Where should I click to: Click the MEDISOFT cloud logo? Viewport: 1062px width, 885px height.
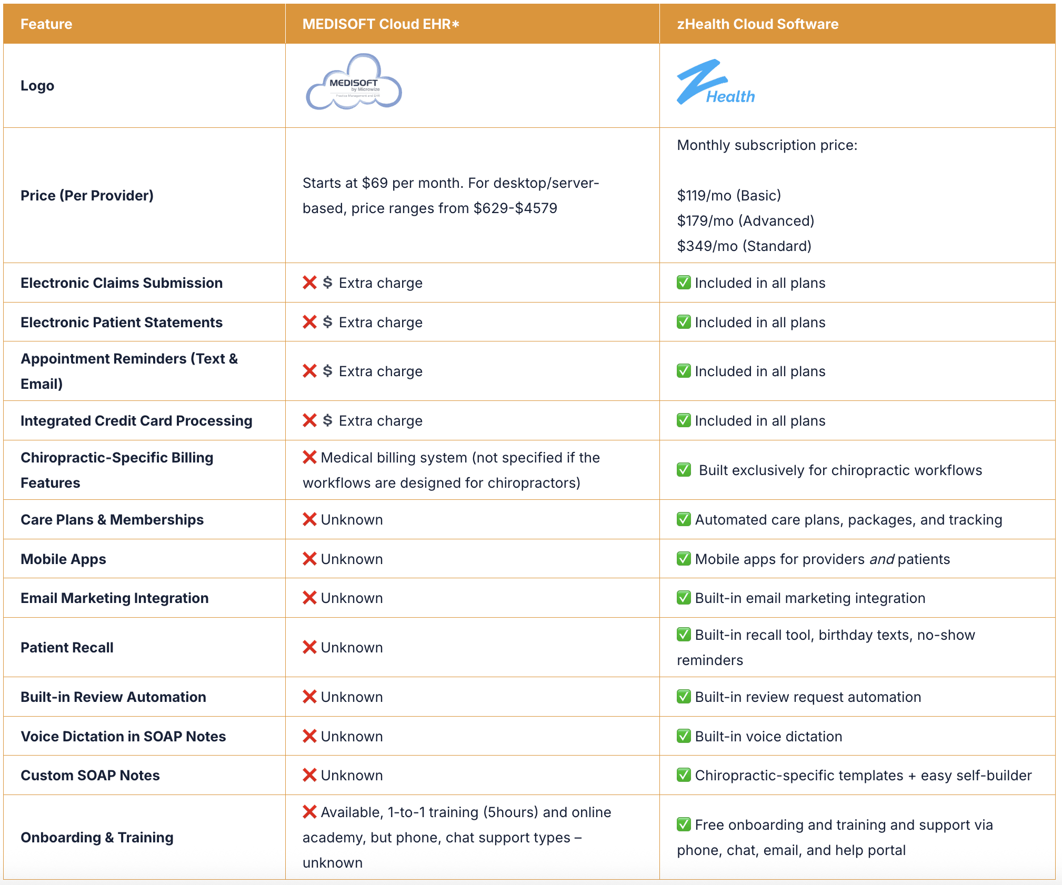(354, 83)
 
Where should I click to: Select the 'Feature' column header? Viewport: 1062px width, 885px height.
(46, 24)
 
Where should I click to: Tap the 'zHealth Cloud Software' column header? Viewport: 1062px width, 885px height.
(757, 24)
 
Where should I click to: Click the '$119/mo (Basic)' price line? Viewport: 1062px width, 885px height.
(729, 196)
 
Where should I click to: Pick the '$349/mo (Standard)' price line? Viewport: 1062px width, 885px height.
(744, 246)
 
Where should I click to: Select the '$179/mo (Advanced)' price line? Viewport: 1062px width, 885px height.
(746, 221)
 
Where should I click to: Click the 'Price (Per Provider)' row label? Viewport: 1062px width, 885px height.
(87, 196)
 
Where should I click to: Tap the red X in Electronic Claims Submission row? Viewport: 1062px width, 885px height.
(309, 283)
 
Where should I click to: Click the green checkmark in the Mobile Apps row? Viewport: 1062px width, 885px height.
(684, 559)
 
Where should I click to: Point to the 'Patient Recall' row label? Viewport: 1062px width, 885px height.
(67, 648)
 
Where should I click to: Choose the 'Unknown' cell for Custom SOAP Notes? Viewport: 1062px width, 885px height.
(352, 776)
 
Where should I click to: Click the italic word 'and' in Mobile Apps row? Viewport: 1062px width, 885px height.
(881, 559)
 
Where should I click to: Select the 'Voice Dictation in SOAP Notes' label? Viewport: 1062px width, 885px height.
(123, 737)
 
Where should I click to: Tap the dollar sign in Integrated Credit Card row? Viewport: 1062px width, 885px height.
(327, 420)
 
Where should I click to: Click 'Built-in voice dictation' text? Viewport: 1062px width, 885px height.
(768, 737)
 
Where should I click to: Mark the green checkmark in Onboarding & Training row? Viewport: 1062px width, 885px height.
(684, 824)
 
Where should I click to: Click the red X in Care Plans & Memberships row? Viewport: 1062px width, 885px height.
(309, 519)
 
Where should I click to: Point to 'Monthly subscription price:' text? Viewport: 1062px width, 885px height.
(767, 145)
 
